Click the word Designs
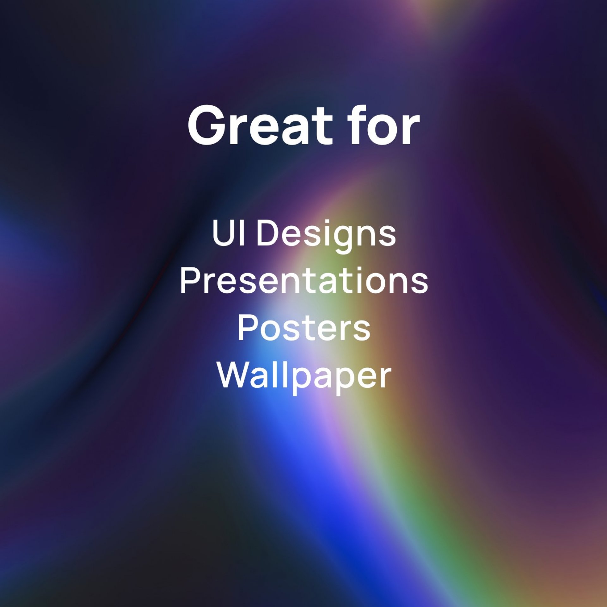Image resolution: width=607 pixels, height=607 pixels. click(x=326, y=236)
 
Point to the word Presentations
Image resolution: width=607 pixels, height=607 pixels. click(x=304, y=280)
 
